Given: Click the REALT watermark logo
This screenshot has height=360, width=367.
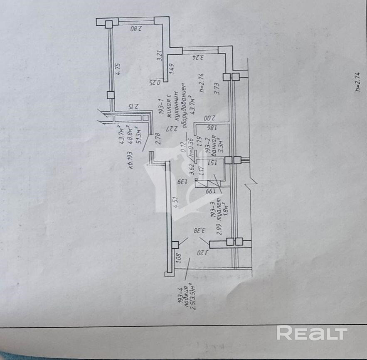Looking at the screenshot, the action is pyautogui.click(x=312, y=333).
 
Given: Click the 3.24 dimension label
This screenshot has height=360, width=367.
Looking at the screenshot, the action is pyautogui.click(x=198, y=58).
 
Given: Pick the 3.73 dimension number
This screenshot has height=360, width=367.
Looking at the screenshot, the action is pyautogui.click(x=216, y=88).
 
